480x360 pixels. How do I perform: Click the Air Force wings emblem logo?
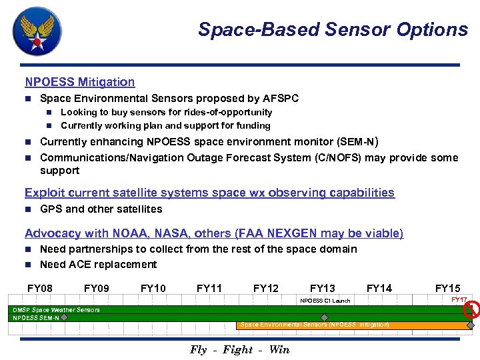37,31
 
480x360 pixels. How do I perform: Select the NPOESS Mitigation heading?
79,82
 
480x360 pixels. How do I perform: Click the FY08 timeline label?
40,288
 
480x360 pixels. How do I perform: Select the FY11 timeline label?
209,288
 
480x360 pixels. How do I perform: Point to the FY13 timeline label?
323,288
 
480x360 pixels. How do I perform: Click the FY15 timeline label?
447,288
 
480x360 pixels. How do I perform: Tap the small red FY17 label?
459,300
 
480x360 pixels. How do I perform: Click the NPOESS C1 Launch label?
325,301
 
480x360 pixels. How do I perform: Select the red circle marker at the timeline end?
473,309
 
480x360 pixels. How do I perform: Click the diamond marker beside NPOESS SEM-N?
65,317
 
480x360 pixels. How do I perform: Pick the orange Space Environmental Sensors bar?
353,325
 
